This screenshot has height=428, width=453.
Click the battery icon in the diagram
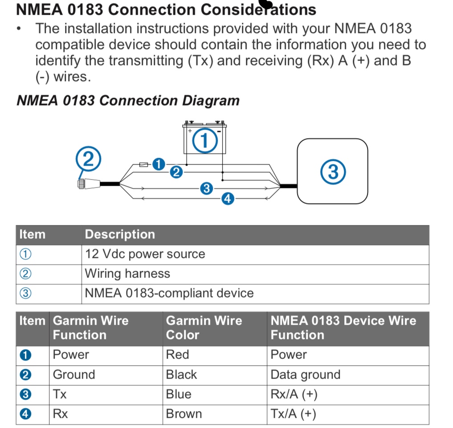(x=204, y=137)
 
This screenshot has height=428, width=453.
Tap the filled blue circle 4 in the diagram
(x=228, y=199)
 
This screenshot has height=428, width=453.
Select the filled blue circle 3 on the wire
(x=207, y=188)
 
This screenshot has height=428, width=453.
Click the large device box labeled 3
(x=333, y=171)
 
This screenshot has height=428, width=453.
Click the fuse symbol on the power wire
(x=143, y=165)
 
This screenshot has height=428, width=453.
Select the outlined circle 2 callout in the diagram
(x=88, y=159)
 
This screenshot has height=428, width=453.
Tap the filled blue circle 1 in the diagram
(x=159, y=164)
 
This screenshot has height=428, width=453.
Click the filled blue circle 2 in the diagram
(x=176, y=172)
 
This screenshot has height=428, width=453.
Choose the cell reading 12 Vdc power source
(x=255, y=254)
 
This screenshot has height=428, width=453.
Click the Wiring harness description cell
(x=255, y=274)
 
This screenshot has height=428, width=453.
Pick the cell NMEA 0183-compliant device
(x=255, y=293)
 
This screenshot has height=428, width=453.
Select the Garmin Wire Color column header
(x=215, y=328)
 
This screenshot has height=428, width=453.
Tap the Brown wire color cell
(x=215, y=414)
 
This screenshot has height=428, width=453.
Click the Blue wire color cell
(x=215, y=395)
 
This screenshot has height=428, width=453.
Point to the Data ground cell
(x=348, y=375)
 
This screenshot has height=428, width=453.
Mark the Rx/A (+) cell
(x=348, y=395)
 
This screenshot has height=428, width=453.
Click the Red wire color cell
(x=215, y=355)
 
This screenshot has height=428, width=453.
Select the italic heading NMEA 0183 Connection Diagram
(x=128, y=101)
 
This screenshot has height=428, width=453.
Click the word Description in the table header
(x=120, y=234)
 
